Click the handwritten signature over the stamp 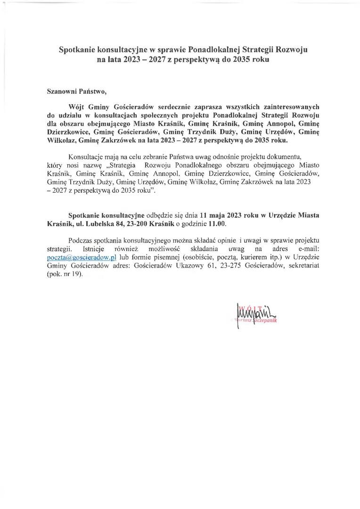(x=254, y=312)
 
